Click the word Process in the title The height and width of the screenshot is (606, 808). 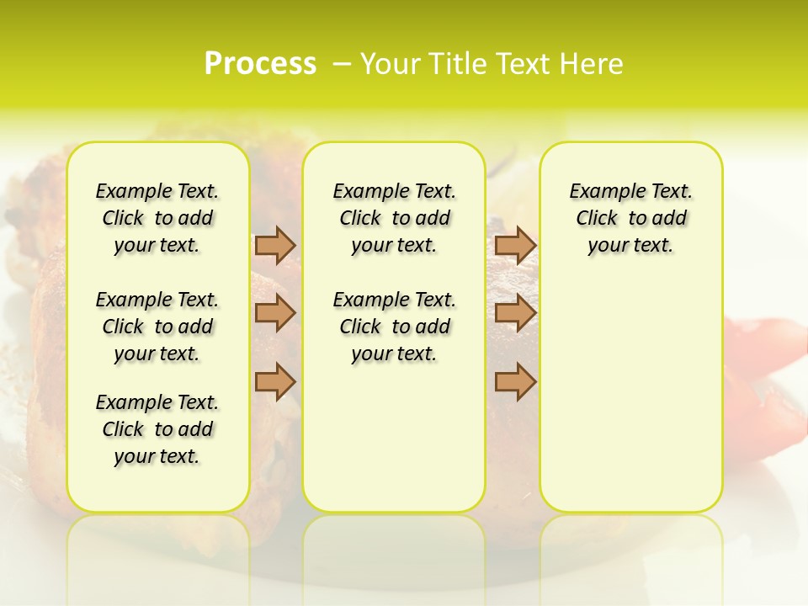click(260, 64)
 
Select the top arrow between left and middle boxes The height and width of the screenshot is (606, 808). click(275, 245)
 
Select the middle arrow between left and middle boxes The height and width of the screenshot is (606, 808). click(275, 313)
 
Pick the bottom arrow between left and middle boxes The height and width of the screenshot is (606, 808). click(275, 380)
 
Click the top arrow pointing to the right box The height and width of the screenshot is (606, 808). click(515, 245)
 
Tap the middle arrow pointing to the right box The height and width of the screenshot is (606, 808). click(515, 313)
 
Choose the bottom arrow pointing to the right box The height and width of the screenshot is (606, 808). click(515, 380)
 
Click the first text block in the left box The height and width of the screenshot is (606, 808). click(157, 218)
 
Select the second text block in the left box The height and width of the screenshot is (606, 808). click(157, 327)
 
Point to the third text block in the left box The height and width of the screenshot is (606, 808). click(157, 429)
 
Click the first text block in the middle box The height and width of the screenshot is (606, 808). click(394, 218)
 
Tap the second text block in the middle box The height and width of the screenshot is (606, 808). click(394, 327)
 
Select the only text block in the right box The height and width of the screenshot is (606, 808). click(630, 218)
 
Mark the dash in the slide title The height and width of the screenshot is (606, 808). click(341, 64)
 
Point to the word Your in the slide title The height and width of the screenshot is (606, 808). click(391, 64)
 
